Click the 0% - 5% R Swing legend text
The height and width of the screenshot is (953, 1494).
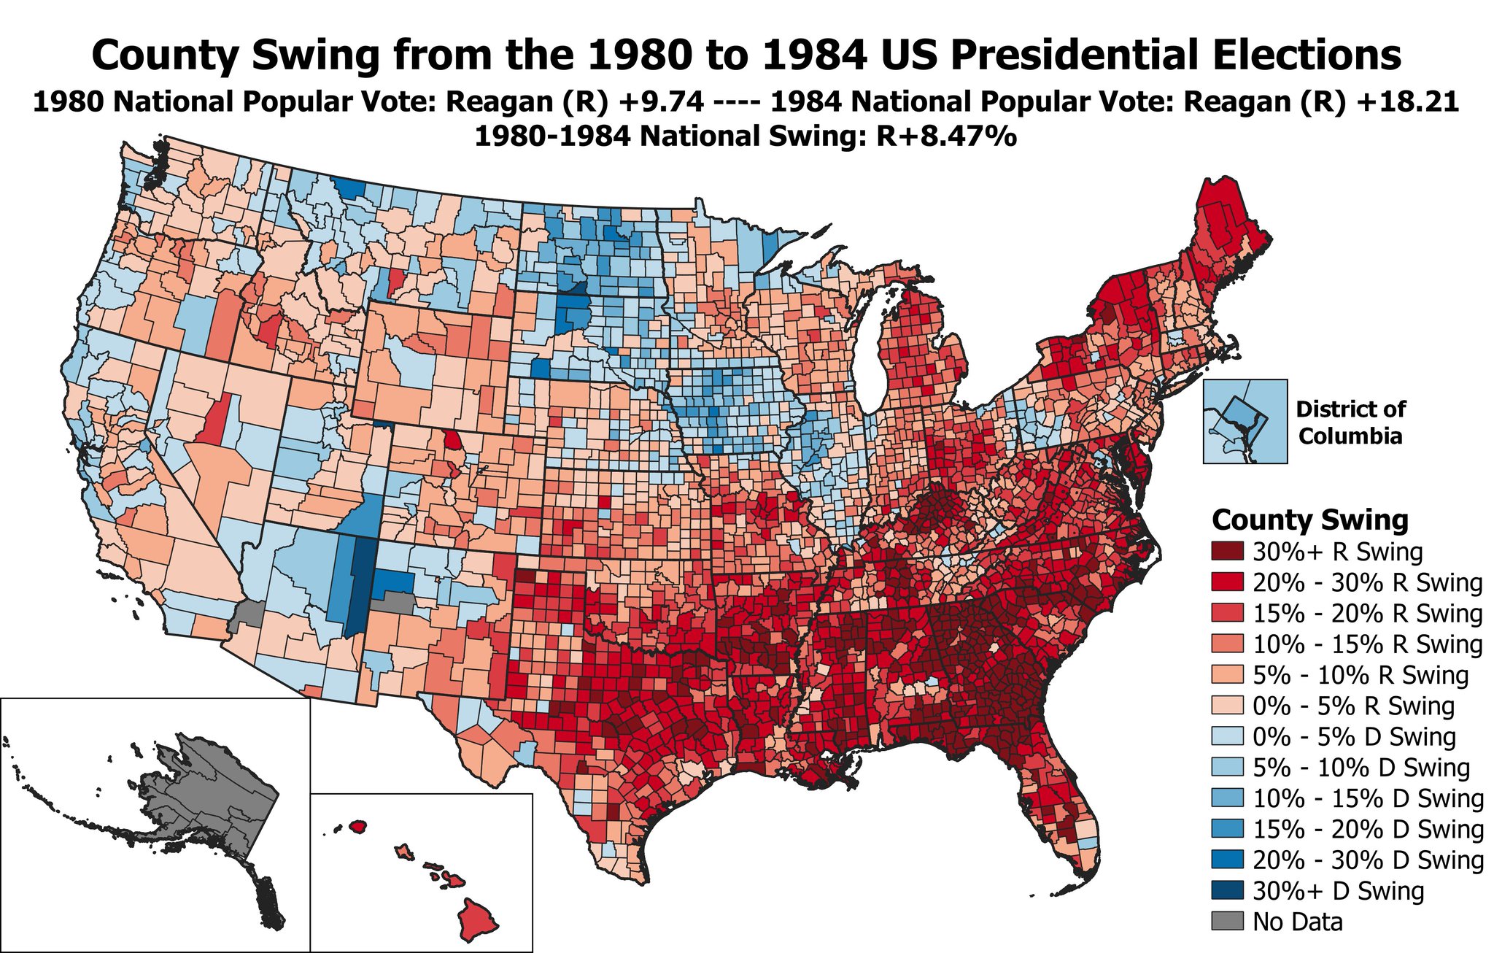1353,706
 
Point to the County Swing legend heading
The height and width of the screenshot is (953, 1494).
1309,520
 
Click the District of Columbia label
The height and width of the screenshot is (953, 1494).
1350,423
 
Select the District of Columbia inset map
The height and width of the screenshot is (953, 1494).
1245,421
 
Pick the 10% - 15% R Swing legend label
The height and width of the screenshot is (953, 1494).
1367,644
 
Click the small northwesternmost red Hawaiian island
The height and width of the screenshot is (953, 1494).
357,826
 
